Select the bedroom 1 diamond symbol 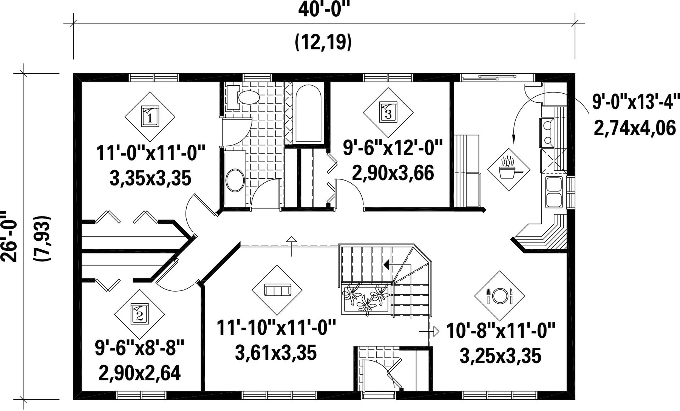[x=150, y=116]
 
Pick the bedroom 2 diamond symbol [x=139, y=314]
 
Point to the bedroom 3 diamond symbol [x=388, y=113]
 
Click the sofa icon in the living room [x=277, y=290]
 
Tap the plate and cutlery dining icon [x=499, y=296]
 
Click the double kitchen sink [x=554, y=192]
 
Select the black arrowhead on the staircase [x=387, y=264]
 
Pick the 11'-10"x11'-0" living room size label [x=277, y=327]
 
